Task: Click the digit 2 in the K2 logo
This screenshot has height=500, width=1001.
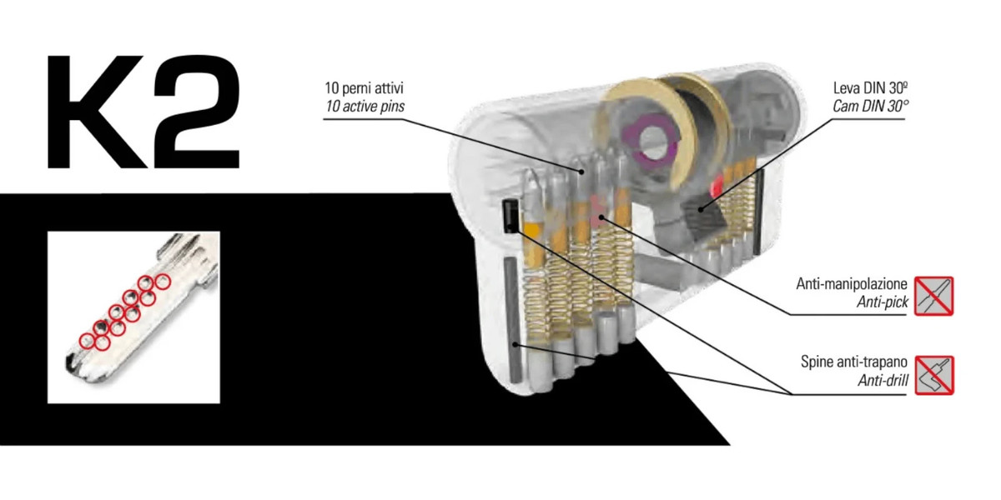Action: click(197, 112)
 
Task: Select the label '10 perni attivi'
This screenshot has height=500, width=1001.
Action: click(365, 88)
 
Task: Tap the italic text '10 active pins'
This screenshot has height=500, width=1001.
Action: click(365, 107)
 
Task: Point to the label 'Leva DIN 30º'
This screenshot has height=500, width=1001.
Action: click(871, 88)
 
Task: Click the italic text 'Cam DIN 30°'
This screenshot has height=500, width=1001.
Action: click(871, 107)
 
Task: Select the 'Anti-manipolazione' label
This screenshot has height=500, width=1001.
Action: click(852, 284)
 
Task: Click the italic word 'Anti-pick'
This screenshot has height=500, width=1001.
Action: click(883, 302)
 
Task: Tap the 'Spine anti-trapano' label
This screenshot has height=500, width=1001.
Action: click(854, 362)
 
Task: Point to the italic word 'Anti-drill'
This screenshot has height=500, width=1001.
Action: click(883, 380)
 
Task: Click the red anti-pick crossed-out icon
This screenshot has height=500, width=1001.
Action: click(934, 296)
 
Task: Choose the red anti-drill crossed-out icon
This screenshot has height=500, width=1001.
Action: click(934, 375)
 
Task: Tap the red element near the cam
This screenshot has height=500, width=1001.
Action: click(718, 184)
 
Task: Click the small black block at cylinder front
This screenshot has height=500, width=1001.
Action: click(511, 216)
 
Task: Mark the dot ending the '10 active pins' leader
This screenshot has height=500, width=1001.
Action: click(581, 172)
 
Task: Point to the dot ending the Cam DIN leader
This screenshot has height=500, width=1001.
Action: click(701, 210)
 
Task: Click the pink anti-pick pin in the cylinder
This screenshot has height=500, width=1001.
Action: click(597, 211)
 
